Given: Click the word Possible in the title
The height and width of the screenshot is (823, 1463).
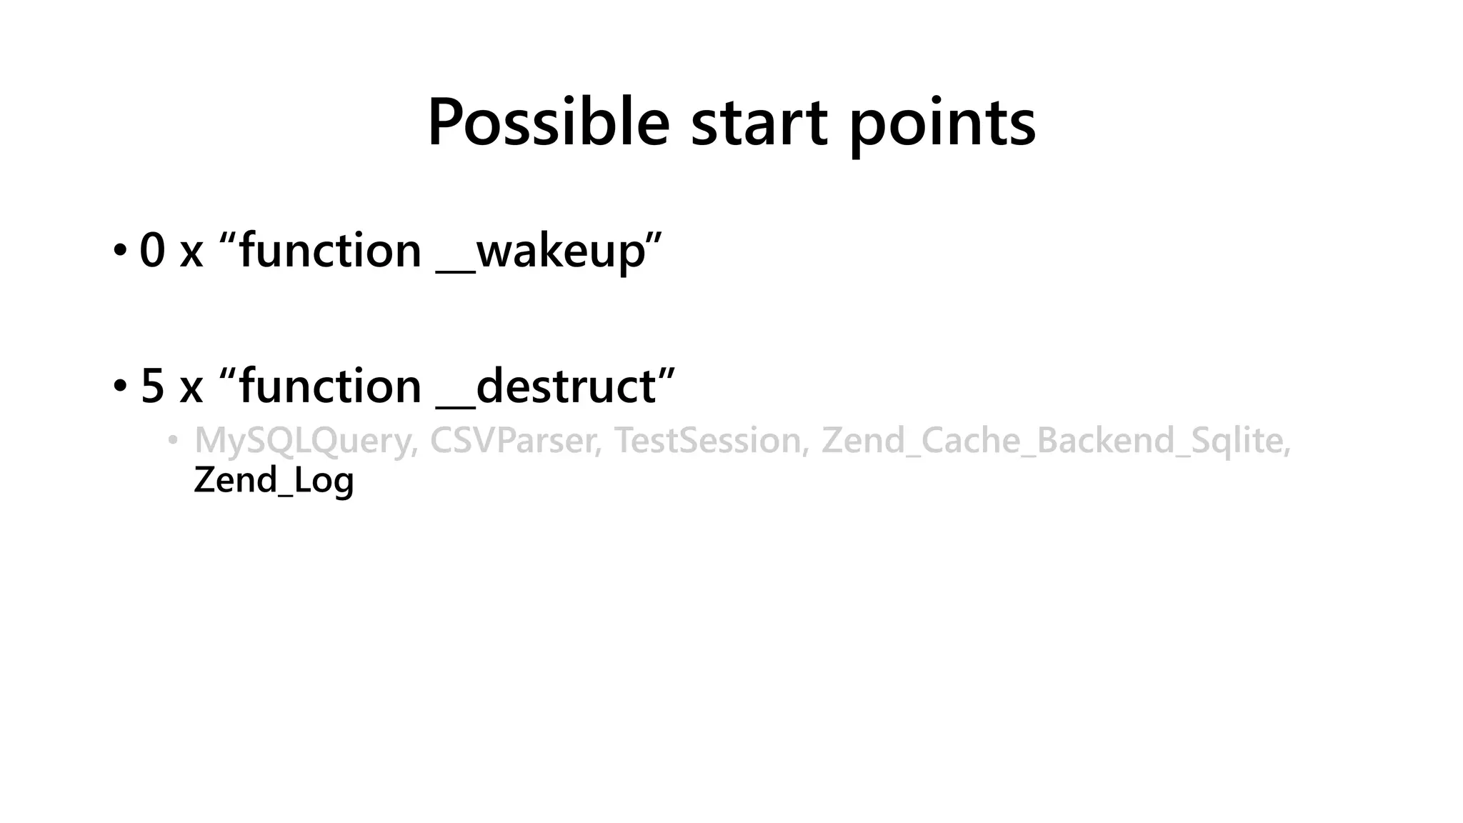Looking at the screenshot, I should click(x=548, y=123).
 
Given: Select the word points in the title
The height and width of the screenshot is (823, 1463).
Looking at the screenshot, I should click(x=942, y=123).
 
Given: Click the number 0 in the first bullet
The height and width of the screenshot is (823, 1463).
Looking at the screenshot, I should click(x=152, y=251).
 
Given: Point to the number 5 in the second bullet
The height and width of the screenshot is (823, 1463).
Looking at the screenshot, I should click(x=152, y=386).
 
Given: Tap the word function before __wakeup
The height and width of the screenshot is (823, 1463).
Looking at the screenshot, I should click(x=330, y=251).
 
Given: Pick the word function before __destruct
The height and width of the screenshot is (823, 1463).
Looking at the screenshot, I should click(x=330, y=386).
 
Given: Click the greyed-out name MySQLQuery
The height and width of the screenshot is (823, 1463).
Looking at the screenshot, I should click(x=304, y=441).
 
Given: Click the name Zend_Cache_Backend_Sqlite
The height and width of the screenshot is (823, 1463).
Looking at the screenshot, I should click(x=1054, y=441).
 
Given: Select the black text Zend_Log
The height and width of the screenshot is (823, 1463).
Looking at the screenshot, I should click(x=274, y=480).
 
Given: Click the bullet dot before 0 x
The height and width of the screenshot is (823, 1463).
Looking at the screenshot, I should click(x=119, y=251).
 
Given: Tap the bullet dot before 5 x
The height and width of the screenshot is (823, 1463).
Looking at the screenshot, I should click(x=119, y=387).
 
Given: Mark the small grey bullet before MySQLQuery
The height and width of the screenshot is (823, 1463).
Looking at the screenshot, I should click(x=172, y=440).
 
